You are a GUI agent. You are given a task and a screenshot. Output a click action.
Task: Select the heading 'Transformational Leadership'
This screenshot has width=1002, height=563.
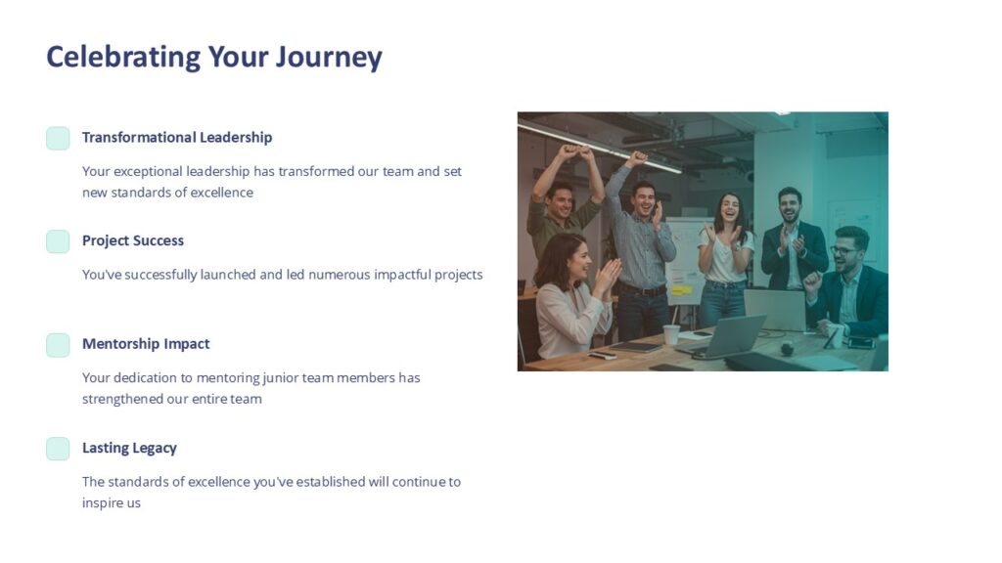click(177, 137)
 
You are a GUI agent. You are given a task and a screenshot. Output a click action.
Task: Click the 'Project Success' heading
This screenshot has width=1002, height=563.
click(133, 240)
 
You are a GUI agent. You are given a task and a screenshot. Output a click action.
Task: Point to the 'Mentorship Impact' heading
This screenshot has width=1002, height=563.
click(146, 344)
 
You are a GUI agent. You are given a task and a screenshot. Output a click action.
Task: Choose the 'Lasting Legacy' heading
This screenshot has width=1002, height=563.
click(129, 448)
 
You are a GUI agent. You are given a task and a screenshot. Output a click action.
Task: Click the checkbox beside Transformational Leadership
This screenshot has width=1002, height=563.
click(58, 138)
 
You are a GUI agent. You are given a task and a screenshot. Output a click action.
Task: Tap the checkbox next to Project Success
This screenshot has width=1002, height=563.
click(58, 241)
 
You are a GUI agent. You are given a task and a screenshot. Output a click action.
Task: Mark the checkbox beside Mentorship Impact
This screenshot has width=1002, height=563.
click(58, 345)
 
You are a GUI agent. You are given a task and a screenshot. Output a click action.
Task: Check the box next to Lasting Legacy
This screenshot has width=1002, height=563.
click(58, 449)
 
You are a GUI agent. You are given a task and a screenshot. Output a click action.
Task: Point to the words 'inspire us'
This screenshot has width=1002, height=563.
click(112, 502)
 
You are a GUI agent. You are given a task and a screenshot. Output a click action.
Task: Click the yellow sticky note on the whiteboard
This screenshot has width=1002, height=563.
click(681, 289)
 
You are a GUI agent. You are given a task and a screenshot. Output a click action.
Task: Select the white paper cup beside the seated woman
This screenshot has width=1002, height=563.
click(671, 334)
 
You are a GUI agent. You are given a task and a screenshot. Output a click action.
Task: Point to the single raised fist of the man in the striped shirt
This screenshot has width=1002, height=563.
click(638, 158)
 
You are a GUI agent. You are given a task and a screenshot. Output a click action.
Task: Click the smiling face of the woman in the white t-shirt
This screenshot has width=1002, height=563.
click(729, 208)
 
